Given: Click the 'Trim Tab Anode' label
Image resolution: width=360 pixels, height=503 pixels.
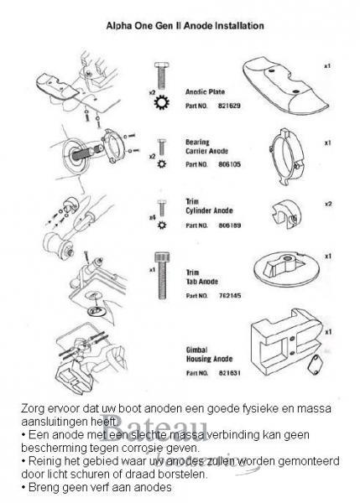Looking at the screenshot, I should click(197, 277).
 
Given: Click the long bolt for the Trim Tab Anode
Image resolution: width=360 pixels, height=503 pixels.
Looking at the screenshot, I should click(161, 272).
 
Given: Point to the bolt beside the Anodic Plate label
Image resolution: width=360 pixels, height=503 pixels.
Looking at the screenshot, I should click(161, 75).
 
